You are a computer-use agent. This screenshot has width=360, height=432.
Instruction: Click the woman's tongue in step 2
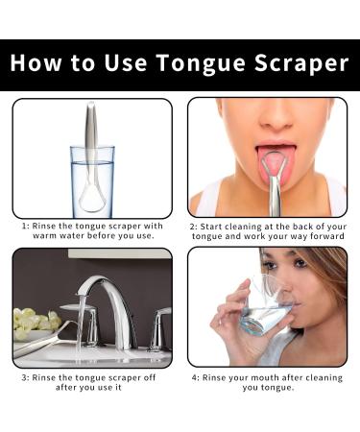click(274, 166)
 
